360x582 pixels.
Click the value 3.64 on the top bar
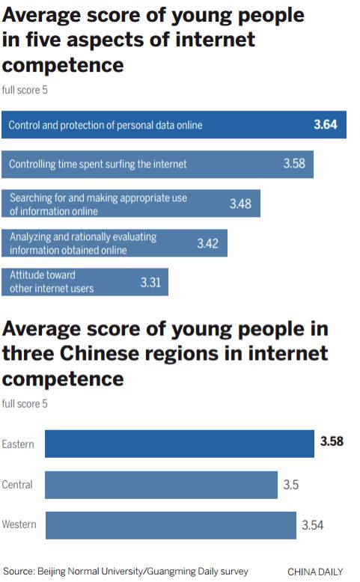tap(325, 125)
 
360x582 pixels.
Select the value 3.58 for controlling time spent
tap(293, 163)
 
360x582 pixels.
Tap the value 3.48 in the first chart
tap(240, 203)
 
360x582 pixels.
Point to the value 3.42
tap(208, 243)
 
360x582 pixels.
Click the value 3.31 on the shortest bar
tap(151, 282)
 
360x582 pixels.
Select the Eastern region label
tap(18, 444)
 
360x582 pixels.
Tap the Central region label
tap(17, 485)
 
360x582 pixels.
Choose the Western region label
tap(19, 524)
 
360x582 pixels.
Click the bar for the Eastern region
tap(179, 443)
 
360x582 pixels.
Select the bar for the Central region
tap(161, 485)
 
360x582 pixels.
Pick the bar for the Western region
tap(171, 524)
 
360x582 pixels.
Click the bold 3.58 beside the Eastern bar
tap(332, 441)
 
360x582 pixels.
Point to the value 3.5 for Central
tap(291, 485)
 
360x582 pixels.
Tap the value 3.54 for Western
tap(313, 525)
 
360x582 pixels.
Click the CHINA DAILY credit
tap(315, 572)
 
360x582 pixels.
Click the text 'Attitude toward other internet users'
tap(52, 282)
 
